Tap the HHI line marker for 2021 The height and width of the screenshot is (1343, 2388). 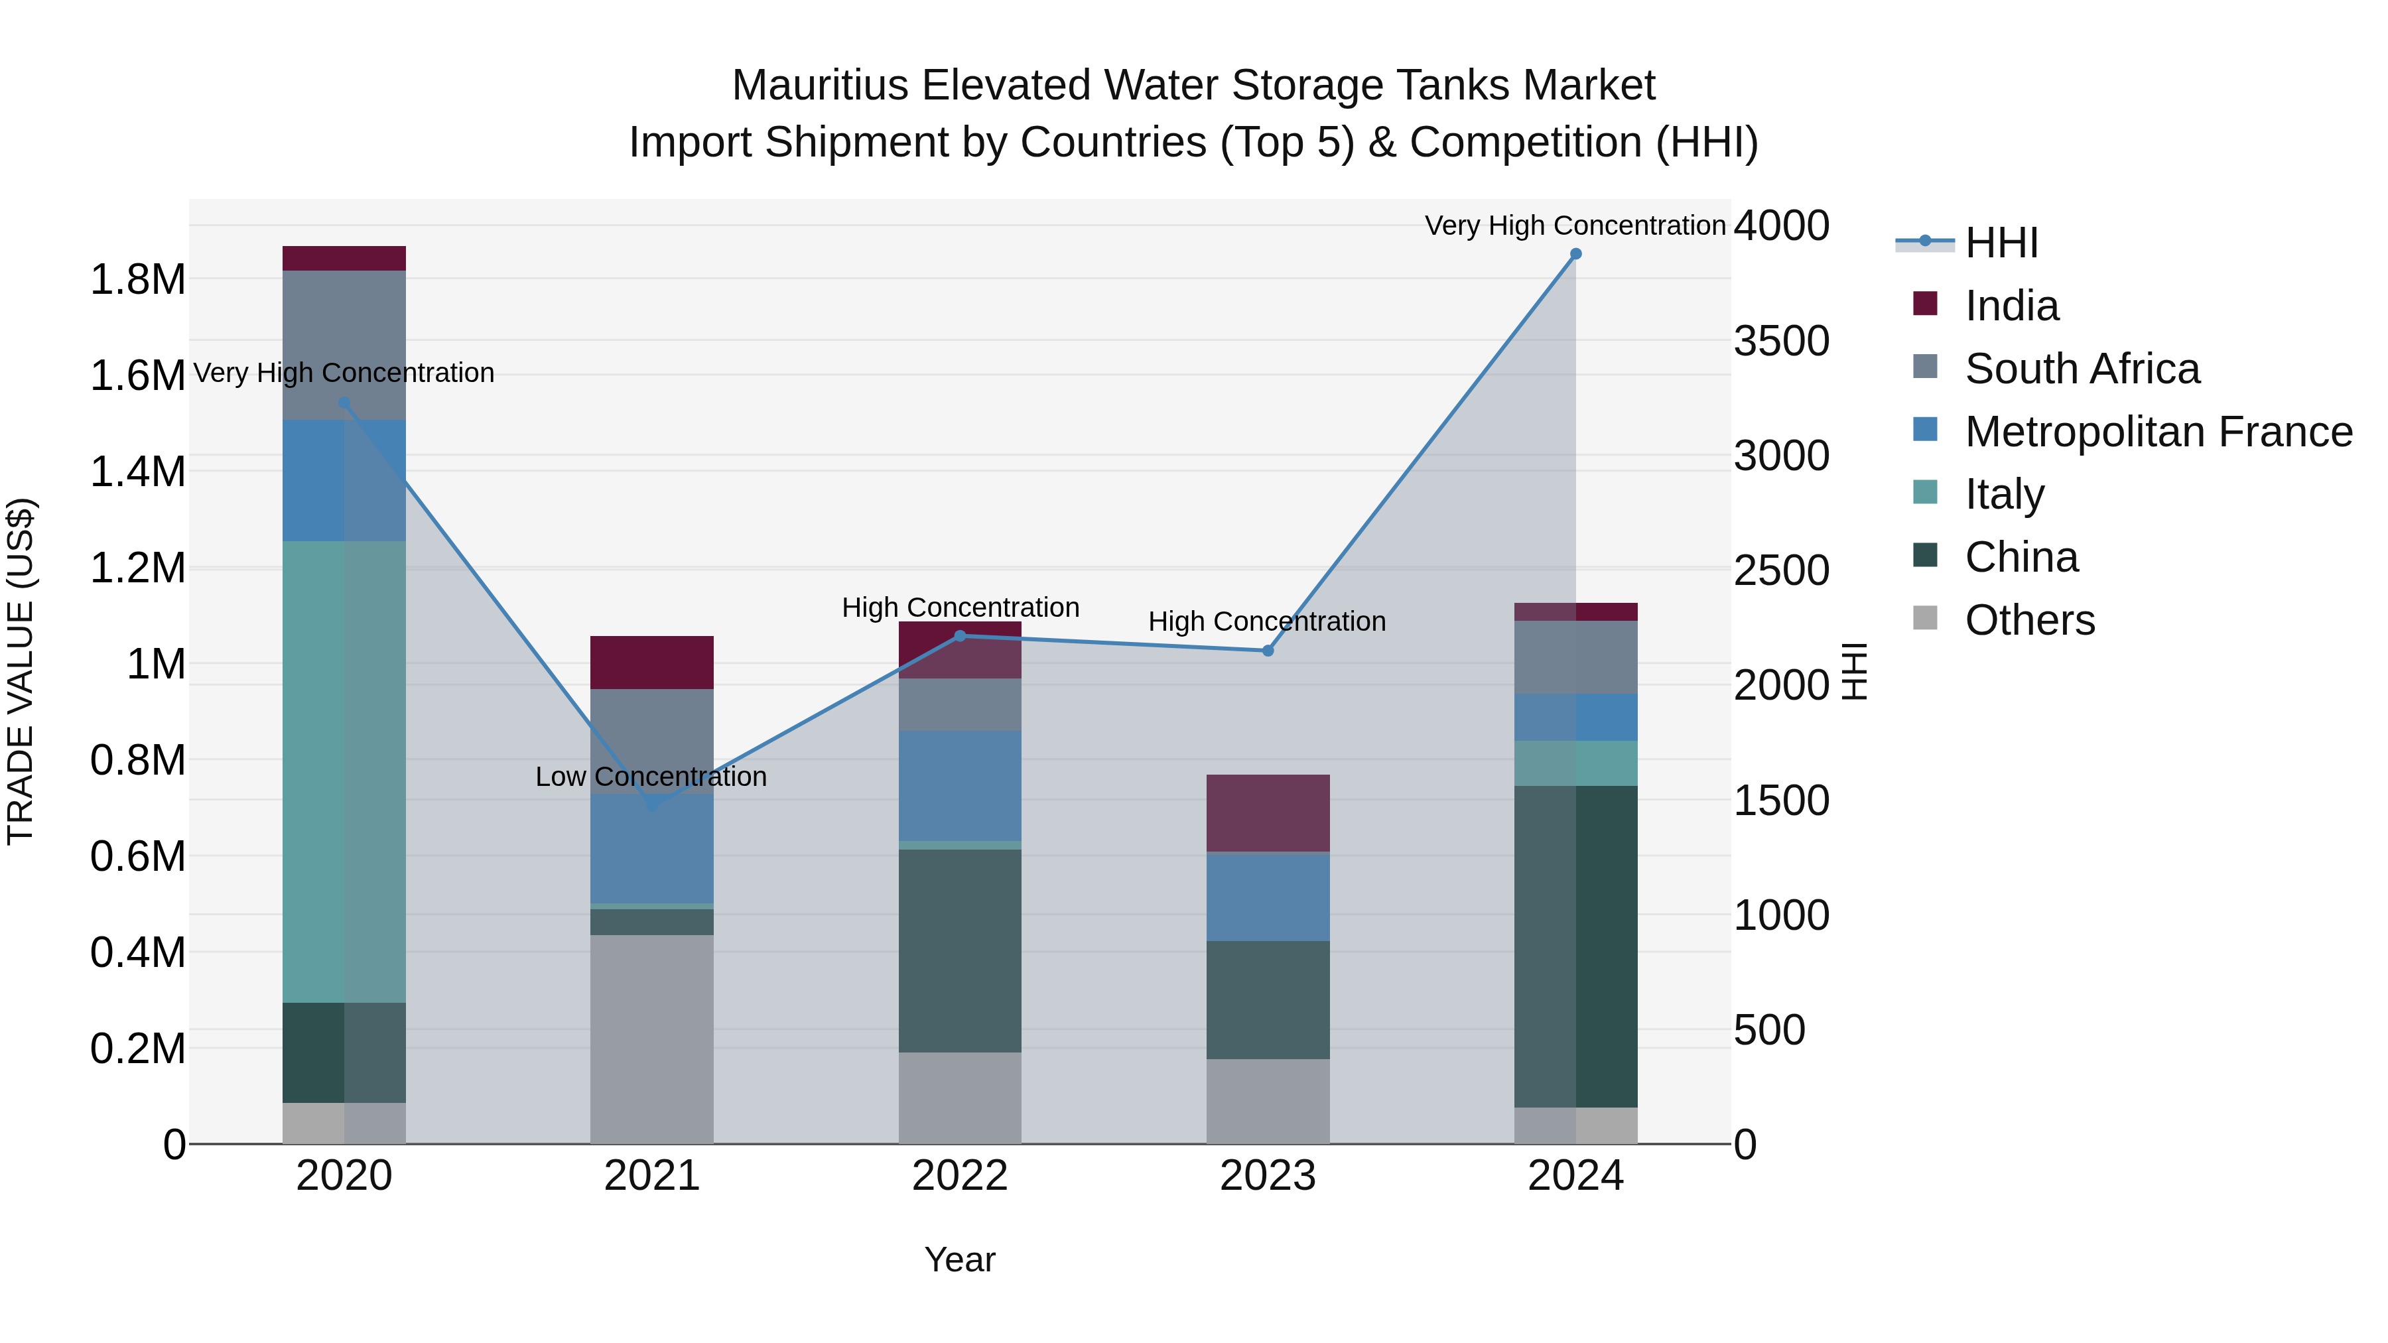651,804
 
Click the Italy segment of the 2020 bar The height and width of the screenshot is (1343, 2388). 344,771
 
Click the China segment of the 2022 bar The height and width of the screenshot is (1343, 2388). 959,950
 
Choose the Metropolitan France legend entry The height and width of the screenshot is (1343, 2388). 2158,432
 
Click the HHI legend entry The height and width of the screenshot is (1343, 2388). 2001,243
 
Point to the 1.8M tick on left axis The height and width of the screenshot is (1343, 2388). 137,279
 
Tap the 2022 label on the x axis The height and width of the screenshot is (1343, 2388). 959,1176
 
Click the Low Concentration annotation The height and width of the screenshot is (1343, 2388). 651,777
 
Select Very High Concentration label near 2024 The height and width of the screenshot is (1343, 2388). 1574,225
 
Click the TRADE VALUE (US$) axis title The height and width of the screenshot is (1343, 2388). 21,671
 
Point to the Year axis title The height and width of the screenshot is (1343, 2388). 959,1259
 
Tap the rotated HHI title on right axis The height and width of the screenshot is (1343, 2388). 1853,671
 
